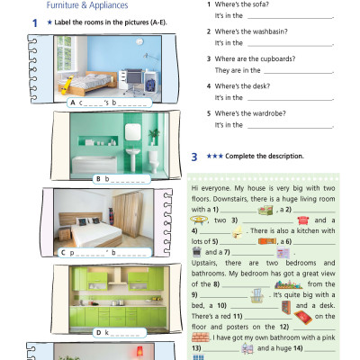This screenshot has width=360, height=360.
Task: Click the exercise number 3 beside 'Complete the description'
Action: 194,156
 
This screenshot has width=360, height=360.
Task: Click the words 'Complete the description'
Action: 265,156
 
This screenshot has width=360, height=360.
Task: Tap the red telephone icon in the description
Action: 301,219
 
